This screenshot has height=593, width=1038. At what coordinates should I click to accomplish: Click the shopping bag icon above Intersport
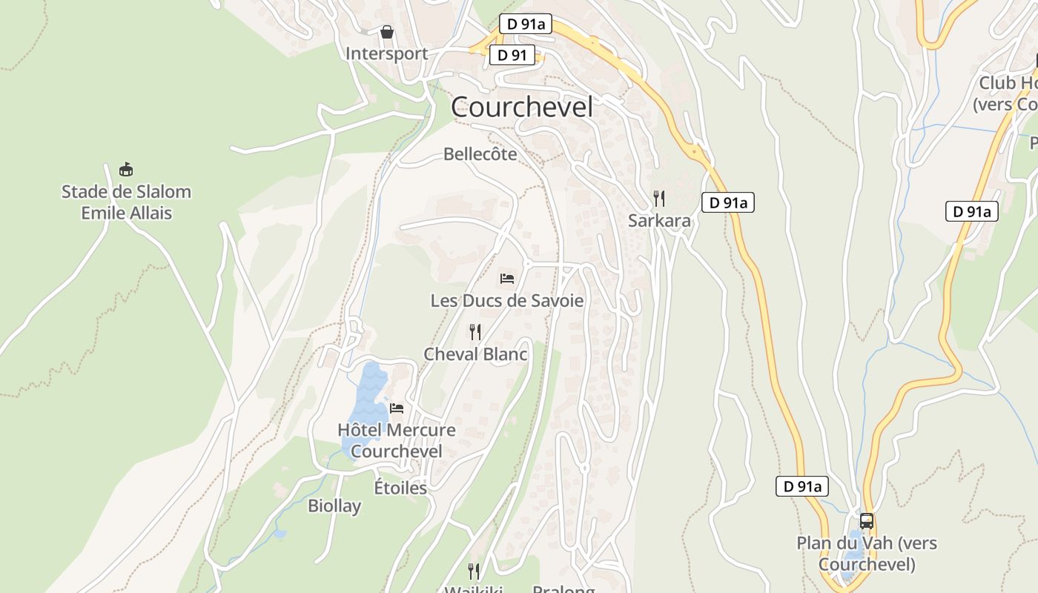(386, 32)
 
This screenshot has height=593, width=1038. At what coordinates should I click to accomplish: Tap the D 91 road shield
(512, 55)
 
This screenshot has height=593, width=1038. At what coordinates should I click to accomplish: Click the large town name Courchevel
(522, 107)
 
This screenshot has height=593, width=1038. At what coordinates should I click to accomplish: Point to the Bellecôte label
(480, 154)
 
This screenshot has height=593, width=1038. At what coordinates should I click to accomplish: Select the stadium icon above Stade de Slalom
(126, 170)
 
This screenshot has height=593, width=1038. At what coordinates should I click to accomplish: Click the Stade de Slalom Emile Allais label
(126, 202)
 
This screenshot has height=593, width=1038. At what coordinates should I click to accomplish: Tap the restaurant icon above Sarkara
(658, 198)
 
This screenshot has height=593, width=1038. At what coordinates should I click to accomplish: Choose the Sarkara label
(658, 221)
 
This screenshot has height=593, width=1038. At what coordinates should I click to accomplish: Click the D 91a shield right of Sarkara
(728, 202)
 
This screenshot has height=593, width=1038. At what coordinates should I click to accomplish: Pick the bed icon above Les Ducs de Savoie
(507, 279)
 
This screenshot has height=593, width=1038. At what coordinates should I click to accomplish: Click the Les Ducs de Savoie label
(507, 301)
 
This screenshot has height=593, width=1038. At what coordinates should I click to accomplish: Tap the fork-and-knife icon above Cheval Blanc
(475, 331)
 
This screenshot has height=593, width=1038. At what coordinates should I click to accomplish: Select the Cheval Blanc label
(475, 354)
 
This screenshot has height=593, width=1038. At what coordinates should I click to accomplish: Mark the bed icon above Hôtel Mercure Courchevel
(397, 408)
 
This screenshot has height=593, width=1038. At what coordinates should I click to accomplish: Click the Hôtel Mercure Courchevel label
(397, 440)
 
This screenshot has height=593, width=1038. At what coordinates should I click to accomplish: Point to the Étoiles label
(400, 488)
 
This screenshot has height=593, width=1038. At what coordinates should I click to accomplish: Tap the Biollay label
(334, 506)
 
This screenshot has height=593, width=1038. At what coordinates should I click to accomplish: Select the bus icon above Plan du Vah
(867, 520)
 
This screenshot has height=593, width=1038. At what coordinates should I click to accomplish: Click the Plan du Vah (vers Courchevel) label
(867, 553)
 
